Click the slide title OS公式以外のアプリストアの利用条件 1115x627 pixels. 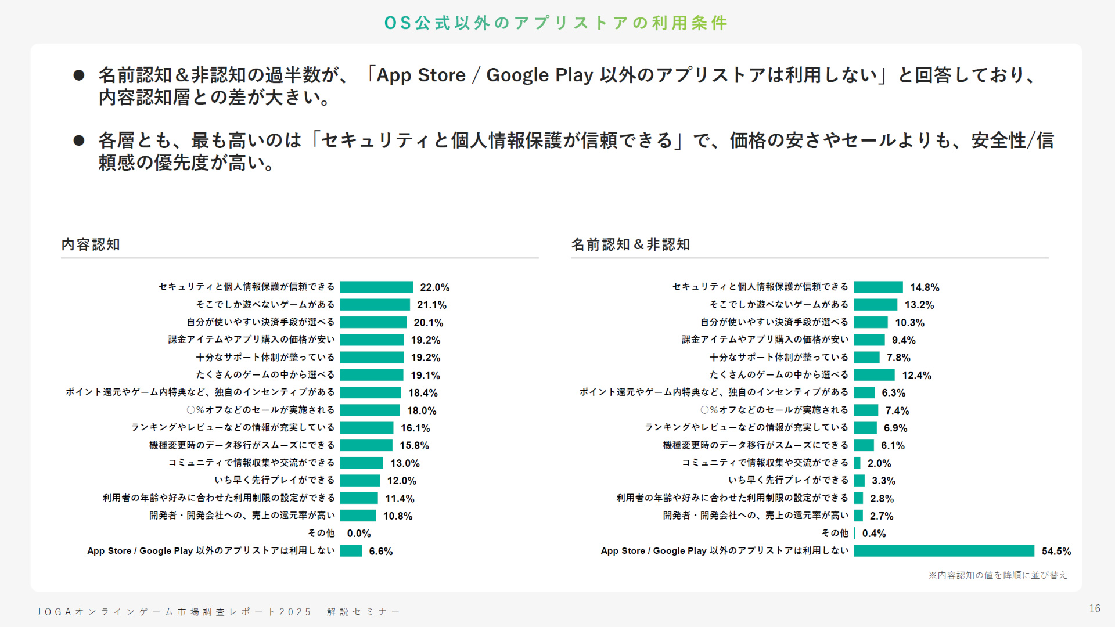click(556, 23)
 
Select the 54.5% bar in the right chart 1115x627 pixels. click(944, 551)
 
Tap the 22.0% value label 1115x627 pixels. click(434, 287)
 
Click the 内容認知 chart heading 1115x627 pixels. click(91, 244)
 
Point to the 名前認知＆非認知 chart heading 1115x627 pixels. click(630, 244)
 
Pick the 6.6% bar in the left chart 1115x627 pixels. click(351, 551)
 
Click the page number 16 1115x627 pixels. click(1095, 608)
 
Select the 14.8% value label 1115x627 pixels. click(925, 287)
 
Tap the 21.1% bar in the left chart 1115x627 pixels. click(375, 305)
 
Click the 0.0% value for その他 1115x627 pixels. click(359, 534)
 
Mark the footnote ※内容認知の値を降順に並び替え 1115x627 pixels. click(997, 575)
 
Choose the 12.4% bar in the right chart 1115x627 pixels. click(874, 375)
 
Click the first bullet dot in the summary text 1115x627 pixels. click(79, 75)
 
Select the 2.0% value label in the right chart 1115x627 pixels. click(879, 463)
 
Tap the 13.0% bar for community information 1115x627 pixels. click(362, 463)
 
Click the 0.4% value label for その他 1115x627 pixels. click(874, 534)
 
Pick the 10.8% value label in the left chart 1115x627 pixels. click(398, 516)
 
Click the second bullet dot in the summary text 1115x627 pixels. click(79, 140)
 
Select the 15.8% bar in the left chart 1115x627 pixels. click(366, 445)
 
